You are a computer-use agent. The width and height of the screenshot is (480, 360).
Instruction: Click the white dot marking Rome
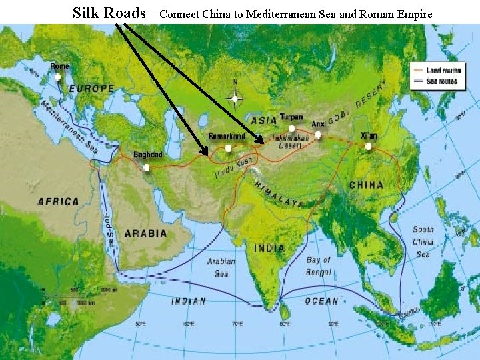click(x=58, y=77)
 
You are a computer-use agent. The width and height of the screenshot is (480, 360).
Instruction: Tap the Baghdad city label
click(x=147, y=155)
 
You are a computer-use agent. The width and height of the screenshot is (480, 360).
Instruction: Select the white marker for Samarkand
click(x=229, y=148)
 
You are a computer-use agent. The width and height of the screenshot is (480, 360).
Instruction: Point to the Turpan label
click(x=291, y=117)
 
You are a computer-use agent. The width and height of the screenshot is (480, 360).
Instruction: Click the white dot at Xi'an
click(x=368, y=146)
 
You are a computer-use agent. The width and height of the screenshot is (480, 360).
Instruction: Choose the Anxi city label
click(x=319, y=124)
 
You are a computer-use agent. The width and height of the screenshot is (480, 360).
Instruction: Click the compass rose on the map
click(x=234, y=99)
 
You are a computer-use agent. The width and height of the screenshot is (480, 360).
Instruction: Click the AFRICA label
click(x=59, y=201)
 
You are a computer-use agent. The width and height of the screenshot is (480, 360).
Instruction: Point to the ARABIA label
click(x=145, y=234)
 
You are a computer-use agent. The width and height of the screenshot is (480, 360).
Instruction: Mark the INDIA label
click(x=269, y=248)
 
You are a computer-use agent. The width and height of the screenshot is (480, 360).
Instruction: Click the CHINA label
click(x=366, y=185)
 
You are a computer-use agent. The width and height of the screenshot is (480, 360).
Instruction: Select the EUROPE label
click(x=92, y=88)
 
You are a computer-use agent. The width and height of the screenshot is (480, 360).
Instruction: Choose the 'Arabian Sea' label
click(x=221, y=267)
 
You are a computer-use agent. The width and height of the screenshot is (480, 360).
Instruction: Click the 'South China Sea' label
click(x=423, y=241)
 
